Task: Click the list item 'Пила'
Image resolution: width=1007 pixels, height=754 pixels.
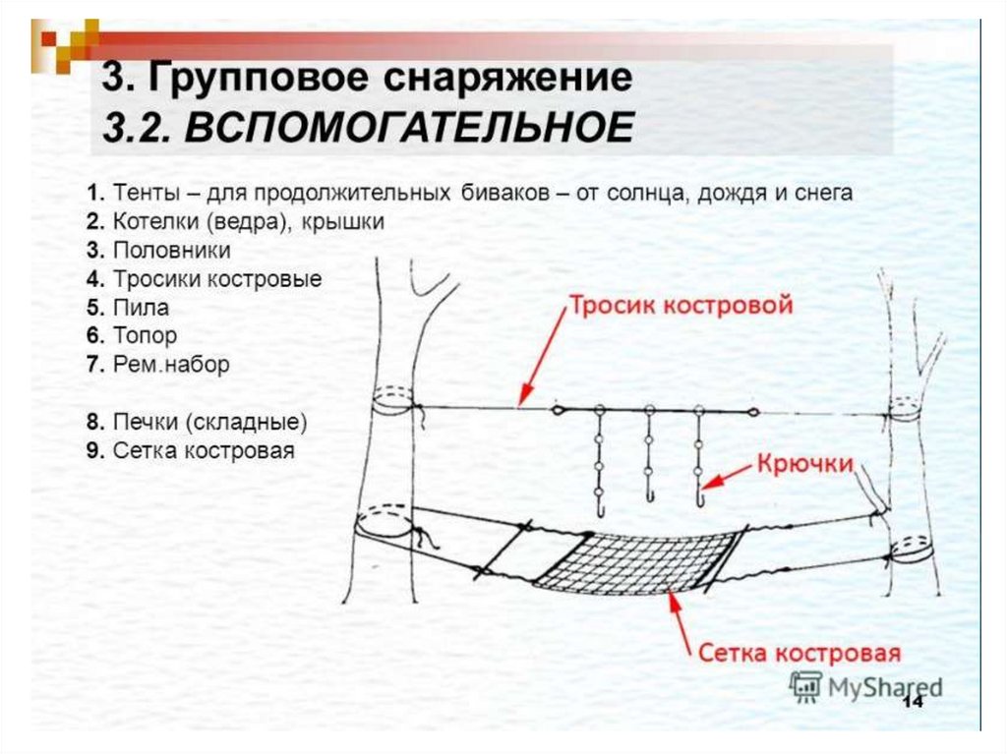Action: pyautogui.click(x=141, y=308)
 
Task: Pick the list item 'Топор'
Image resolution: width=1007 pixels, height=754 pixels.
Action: pyautogui.click(x=145, y=336)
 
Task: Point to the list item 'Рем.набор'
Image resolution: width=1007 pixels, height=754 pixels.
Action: pyautogui.click(x=170, y=365)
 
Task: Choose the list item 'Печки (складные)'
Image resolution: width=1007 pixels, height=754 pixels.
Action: pyautogui.click(x=209, y=424)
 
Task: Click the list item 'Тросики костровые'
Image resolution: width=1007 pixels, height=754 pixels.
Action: pyautogui.click(x=216, y=279)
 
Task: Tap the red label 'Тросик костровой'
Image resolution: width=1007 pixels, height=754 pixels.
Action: pyautogui.click(x=680, y=306)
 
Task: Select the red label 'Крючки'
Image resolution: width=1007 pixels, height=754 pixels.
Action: pyautogui.click(x=802, y=465)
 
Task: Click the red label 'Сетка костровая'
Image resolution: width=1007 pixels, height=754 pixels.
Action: pyautogui.click(x=800, y=653)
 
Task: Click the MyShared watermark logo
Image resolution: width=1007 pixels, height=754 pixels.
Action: pyautogui.click(x=865, y=686)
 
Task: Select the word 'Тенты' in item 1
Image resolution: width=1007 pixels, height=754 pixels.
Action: pyautogui.click(x=143, y=193)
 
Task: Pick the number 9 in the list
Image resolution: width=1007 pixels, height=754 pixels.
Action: pyautogui.click(x=95, y=452)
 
